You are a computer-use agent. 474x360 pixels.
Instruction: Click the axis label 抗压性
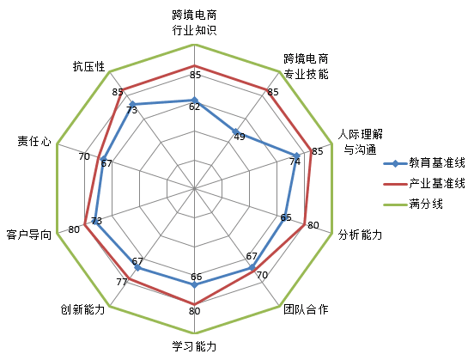click(89, 66)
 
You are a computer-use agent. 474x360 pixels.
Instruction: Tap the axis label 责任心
click(34, 141)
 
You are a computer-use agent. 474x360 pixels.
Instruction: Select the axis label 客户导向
click(28, 235)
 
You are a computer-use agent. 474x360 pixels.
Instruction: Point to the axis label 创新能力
click(82, 309)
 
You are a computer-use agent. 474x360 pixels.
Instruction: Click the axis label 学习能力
click(194, 346)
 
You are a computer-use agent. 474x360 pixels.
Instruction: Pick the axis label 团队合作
click(306, 309)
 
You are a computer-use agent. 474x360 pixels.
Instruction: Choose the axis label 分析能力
click(360, 235)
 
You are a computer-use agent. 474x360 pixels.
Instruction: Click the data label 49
click(240, 137)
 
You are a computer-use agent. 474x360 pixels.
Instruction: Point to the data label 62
click(195, 107)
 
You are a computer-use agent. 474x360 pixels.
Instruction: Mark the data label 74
click(295, 162)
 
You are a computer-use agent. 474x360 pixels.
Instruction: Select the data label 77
click(122, 282)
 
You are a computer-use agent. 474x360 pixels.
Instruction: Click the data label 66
click(196, 277)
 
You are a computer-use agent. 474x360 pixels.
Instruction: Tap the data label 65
click(286, 217)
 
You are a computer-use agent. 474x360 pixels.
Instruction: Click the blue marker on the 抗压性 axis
click(131, 104)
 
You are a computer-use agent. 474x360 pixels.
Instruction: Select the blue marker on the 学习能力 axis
click(194, 284)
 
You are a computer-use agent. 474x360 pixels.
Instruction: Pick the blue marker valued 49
click(235, 131)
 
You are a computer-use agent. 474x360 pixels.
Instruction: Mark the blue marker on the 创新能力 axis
click(137, 268)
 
